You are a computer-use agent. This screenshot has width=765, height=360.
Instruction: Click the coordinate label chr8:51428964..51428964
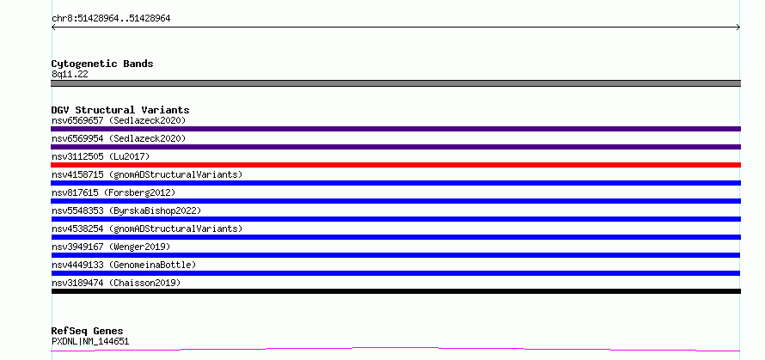[x=111, y=19]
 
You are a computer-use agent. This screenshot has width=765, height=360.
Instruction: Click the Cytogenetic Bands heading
[x=102, y=64]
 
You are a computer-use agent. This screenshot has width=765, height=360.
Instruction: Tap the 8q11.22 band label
[x=70, y=75]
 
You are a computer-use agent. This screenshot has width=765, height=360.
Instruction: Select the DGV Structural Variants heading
[x=120, y=110]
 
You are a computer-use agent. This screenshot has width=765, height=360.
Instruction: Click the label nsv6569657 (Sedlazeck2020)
[x=119, y=120]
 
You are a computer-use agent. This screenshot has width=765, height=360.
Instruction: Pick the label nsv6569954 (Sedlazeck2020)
[x=119, y=138]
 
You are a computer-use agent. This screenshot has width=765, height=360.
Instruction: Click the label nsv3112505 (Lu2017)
[x=101, y=156]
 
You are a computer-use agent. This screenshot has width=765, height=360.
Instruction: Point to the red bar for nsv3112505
[x=395, y=165]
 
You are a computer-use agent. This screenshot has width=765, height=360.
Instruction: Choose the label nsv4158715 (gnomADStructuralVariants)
[x=147, y=174]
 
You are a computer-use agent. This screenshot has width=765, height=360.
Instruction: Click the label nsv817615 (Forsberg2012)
[x=113, y=192]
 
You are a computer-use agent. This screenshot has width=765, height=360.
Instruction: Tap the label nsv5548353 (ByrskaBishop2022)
[x=126, y=211]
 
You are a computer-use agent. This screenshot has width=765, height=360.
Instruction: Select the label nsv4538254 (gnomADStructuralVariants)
[x=147, y=229]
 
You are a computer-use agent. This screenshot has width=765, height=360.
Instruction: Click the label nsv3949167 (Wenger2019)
[x=111, y=247]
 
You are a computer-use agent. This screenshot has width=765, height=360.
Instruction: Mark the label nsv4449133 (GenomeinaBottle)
[x=124, y=265]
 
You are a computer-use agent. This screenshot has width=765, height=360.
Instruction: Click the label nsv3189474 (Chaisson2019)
[x=116, y=283]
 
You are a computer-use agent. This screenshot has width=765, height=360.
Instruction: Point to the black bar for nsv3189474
[x=395, y=291]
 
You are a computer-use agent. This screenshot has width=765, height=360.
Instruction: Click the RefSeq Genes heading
[x=88, y=332]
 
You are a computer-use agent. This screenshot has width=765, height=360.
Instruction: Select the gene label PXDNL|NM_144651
[x=90, y=341]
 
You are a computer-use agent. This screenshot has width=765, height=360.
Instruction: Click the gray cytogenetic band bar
[x=395, y=83]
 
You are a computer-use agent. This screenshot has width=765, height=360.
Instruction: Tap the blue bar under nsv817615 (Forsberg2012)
[x=395, y=201]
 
